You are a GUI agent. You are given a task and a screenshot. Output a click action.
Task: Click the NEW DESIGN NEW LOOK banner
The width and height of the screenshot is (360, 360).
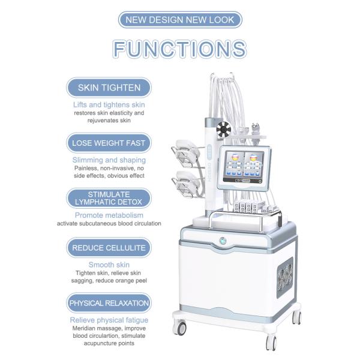tap(180, 20)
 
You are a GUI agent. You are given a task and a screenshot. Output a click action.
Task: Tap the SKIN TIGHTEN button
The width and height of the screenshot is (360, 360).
tap(109, 88)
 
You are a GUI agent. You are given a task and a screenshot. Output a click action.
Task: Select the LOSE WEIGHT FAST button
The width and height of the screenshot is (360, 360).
tap(109, 143)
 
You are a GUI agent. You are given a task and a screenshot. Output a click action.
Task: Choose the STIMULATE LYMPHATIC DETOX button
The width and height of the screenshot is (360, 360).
tap(109, 198)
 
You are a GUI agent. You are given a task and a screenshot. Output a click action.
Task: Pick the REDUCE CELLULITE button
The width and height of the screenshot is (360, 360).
tap(109, 248)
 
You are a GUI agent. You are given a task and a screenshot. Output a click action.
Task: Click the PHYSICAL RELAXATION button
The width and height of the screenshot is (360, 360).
tap(109, 303)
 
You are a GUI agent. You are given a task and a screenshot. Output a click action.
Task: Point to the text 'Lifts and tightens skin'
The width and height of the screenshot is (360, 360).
tap(109, 105)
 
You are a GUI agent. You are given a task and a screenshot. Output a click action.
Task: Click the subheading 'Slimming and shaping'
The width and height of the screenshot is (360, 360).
tap(109, 160)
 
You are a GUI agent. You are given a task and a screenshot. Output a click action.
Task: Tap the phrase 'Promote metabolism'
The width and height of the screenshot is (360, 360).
tap(109, 215)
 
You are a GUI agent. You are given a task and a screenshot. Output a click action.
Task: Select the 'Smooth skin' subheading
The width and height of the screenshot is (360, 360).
tap(109, 265)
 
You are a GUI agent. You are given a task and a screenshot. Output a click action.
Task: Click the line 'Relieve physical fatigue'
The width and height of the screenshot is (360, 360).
tap(109, 320)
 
